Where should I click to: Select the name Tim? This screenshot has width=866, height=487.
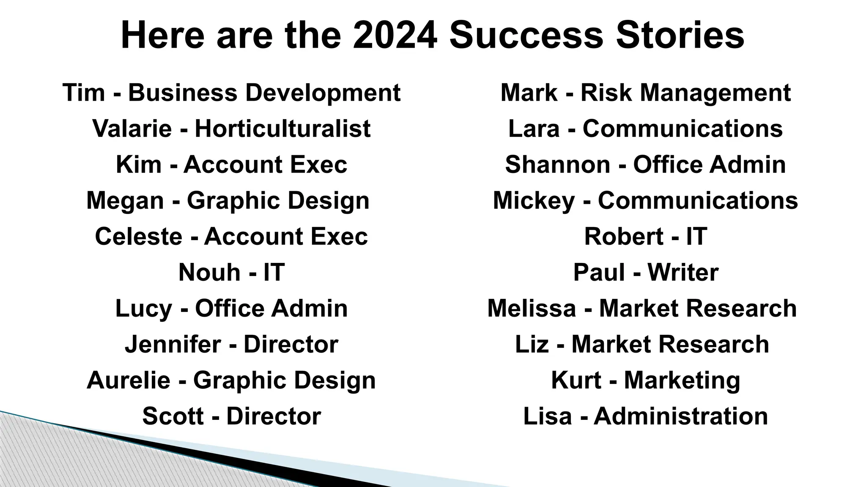click(83, 93)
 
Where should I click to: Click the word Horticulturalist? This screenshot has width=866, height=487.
click(282, 129)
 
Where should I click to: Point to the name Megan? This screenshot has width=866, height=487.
click(125, 200)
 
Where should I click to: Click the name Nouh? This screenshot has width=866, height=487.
click(209, 272)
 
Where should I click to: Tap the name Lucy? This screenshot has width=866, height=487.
click(143, 308)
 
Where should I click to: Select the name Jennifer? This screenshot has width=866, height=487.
click(173, 344)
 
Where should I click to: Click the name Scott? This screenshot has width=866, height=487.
click(173, 416)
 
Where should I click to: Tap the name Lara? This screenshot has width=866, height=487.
click(534, 129)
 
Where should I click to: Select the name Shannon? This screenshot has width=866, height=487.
click(557, 164)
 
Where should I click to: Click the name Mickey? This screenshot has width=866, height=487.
click(534, 200)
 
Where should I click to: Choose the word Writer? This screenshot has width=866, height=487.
click(682, 272)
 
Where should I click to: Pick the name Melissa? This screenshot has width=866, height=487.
click(532, 308)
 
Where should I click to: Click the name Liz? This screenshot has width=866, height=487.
click(532, 344)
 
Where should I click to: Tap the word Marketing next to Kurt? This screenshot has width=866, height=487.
click(682, 380)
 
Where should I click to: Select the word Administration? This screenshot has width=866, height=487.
click(681, 416)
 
